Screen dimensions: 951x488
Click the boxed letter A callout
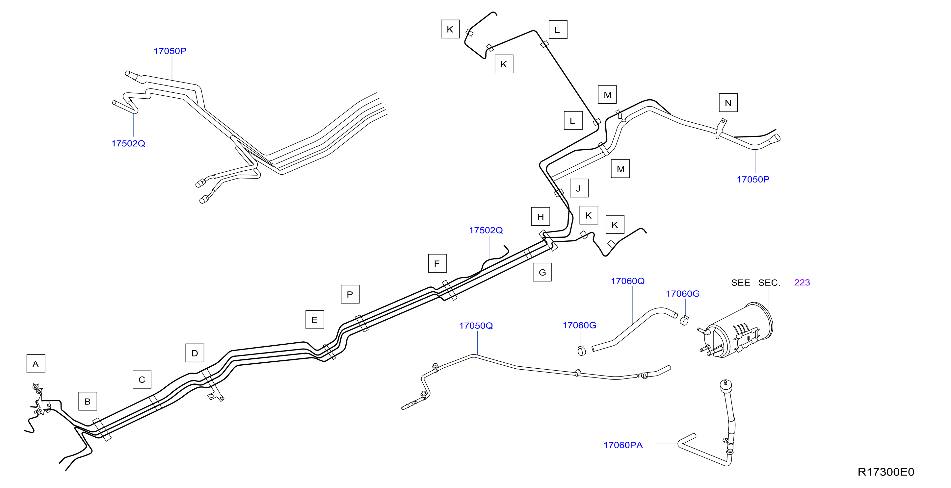(36, 364)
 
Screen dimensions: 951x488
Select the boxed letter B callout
(88, 401)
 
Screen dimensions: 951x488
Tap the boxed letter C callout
(142, 379)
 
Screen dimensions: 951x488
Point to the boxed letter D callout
(195, 353)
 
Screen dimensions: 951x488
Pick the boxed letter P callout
(350, 294)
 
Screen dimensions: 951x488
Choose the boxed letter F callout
(437, 263)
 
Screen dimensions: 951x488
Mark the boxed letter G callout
(542, 272)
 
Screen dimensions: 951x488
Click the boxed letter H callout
(541, 216)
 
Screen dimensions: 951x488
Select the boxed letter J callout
(579, 188)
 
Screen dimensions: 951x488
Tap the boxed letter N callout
(728, 103)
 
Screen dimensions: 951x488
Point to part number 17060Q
(628, 281)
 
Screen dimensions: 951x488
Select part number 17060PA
(623, 445)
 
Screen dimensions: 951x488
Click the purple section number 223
(802, 282)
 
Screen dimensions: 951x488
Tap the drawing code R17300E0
(885, 472)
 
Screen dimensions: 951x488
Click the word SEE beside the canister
(740, 282)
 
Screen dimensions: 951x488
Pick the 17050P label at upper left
(170, 51)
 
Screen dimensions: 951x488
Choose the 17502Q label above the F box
(486, 230)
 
